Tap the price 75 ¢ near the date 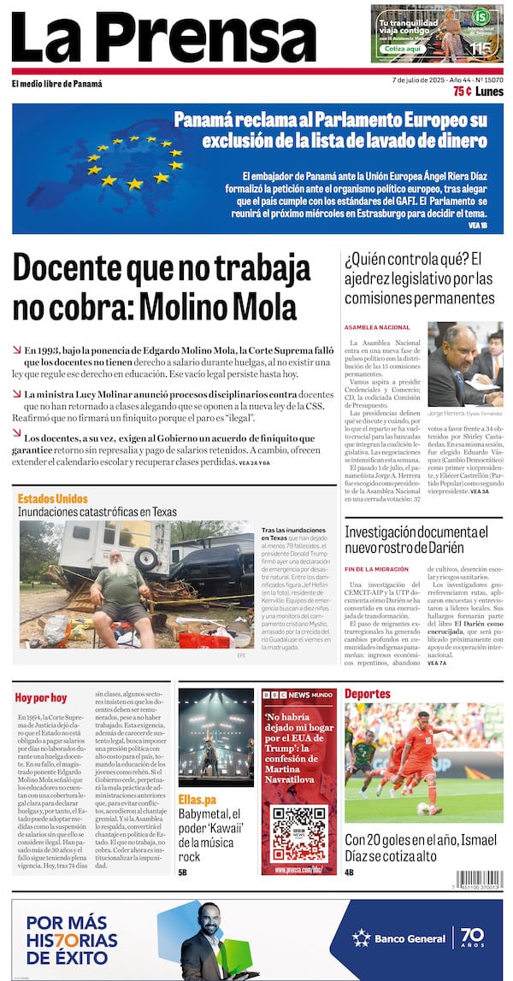(x=463, y=91)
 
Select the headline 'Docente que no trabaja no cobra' (x=162, y=287)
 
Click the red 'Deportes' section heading (x=367, y=694)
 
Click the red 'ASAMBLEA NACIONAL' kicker (x=377, y=327)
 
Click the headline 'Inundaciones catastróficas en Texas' (x=97, y=512)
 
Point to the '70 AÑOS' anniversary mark (x=472, y=938)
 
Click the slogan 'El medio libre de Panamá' (x=56, y=84)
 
